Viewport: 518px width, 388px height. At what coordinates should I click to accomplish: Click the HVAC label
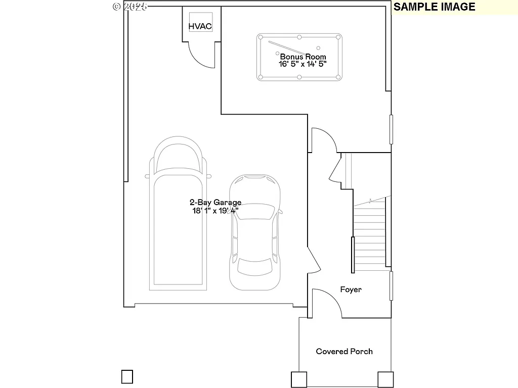click(200, 26)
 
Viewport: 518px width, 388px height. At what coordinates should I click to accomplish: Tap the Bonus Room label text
click(303, 57)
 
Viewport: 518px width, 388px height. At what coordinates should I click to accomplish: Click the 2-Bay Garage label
click(215, 203)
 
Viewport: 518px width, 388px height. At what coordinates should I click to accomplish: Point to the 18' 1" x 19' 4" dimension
click(215, 211)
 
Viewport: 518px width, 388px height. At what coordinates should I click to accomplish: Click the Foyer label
click(351, 289)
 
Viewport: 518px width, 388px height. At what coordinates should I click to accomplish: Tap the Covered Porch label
click(344, 351)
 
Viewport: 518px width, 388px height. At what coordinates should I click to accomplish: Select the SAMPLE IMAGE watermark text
click(435, 7)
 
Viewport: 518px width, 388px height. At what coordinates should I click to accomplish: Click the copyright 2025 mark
click(129, 7)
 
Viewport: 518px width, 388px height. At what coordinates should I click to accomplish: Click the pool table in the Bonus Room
click(299, 57)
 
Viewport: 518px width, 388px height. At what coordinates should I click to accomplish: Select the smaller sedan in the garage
click(255, 232)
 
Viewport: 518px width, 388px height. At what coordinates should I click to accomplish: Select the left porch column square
click(298, 379)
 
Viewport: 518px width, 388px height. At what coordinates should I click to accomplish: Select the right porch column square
click(385, 379)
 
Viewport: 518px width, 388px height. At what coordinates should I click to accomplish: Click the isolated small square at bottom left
click(127, 377)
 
